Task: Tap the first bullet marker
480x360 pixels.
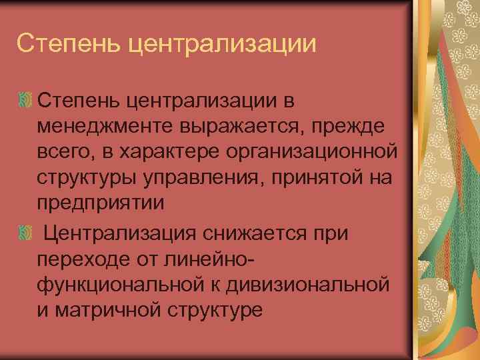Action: (25, 100)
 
